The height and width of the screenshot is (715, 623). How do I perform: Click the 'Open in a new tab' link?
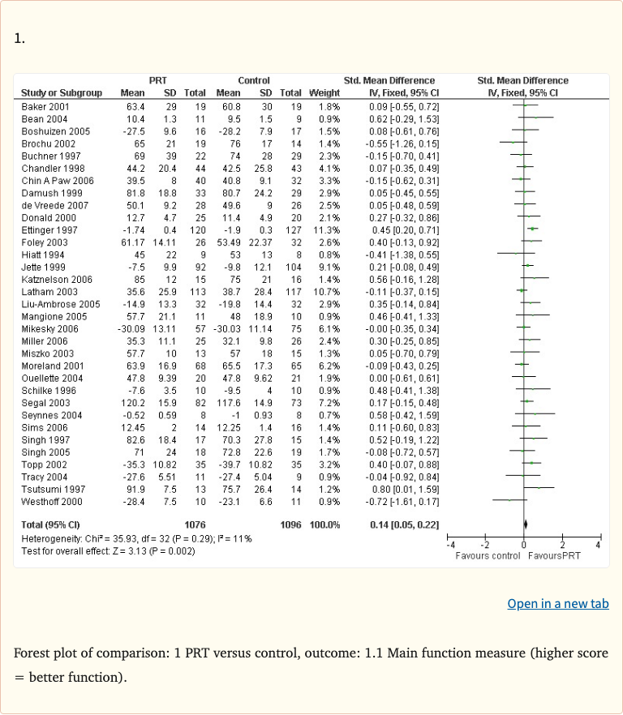click(x=557, y=604)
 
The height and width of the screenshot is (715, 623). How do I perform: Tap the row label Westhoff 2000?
click(x=47, y=502)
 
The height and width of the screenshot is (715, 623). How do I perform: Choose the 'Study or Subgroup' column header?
click(x=61, y=93)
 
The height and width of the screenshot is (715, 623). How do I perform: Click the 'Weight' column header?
click(x=324, y=93)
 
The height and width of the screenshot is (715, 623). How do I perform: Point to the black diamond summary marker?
click(x=526, y=525)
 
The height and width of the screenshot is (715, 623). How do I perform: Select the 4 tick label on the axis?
click(x=598, y=545)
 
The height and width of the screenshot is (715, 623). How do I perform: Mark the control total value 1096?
click(x=290, y=525)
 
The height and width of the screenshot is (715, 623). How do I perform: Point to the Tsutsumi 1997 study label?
click(x=46, y=490)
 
